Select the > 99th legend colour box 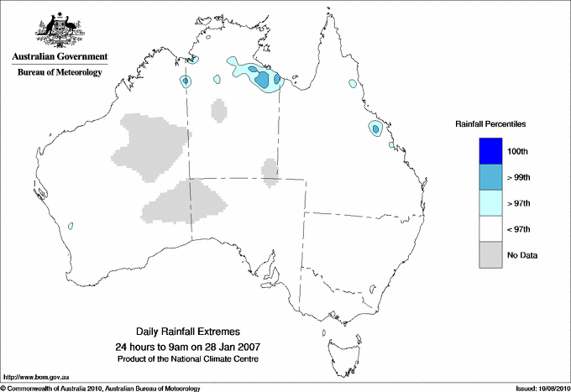click(x=490, y=176)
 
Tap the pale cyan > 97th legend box click(x=490, y=202)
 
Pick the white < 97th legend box click(x=490, y=228)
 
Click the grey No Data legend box click(x=490, y=254)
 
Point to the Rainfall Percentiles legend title click(x=490, y=123)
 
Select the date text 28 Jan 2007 click(x=239, y=346)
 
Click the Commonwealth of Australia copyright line click(x=101, y=388)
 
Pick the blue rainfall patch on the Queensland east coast click(x=375, y=128)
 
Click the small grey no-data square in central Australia click(x=270, y=170)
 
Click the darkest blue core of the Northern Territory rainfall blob click(x=263, y=80)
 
